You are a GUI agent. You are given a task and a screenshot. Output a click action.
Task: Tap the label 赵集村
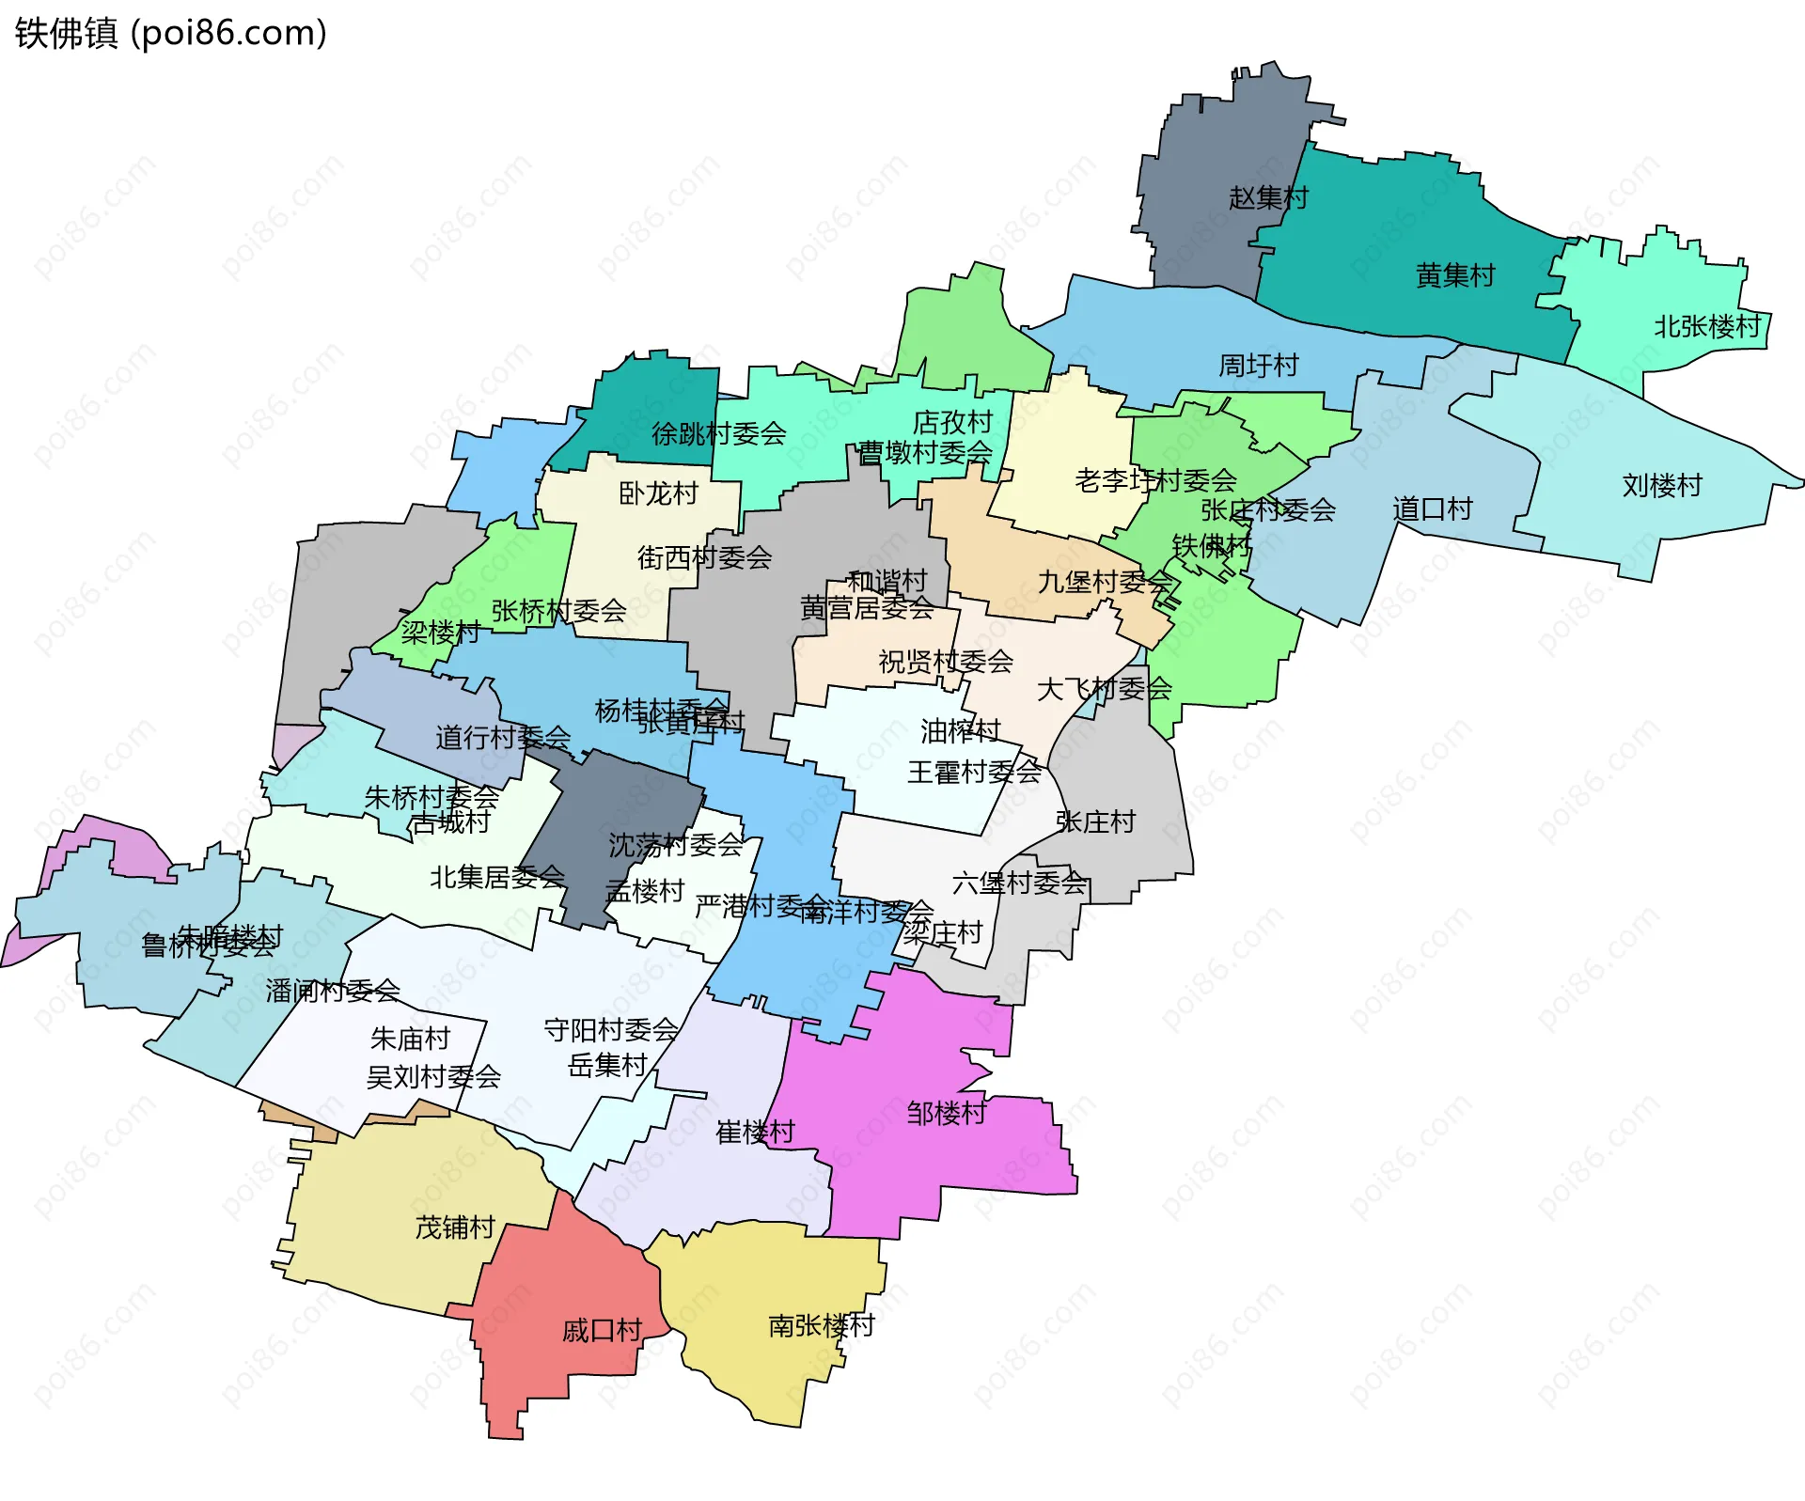(1268, 197)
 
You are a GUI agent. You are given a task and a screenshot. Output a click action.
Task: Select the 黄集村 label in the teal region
(1454, 275)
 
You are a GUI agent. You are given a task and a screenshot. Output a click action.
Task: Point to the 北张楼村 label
(1706, 326)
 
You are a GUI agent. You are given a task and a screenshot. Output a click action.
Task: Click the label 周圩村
(1258, 365)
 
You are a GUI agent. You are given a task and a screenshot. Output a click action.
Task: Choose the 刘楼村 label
(1662, 485)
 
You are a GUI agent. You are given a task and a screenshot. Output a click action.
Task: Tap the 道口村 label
(1432, 508)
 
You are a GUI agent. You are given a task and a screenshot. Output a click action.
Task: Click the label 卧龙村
(658, 493)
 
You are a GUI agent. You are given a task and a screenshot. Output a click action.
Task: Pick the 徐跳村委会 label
(718, 433)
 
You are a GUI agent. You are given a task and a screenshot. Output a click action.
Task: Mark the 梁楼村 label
(440, 632)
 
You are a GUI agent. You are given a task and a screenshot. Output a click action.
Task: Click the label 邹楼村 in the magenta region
(946, 1113)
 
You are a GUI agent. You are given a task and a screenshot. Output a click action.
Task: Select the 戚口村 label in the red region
(602, 1330)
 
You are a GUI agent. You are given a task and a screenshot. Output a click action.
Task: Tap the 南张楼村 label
(822, 1325)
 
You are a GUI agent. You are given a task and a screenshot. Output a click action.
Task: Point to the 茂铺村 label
(455, 1227)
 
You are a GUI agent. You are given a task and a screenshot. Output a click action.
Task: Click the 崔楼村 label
(755, 1132)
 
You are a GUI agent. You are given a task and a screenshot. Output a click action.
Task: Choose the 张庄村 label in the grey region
(1095, 821)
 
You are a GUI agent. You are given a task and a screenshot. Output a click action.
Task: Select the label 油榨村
(960, 730)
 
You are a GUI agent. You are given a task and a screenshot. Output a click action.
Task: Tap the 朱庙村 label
(410, 1039)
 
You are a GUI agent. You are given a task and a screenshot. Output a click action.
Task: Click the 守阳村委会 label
(610, 1030)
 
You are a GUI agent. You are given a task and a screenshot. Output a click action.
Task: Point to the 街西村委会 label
(704, 557)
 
